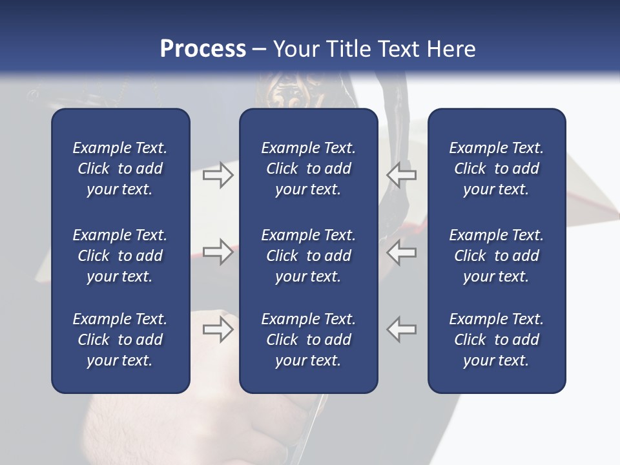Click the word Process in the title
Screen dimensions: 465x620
[203, 48]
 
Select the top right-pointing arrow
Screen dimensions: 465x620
[218, 174]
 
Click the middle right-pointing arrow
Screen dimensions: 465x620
[218, 252]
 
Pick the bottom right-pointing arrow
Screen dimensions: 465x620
[218, 329]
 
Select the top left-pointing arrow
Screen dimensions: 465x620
[401, 174]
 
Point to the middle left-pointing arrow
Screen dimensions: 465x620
[401, 252]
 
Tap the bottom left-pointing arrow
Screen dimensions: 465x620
[401, 329]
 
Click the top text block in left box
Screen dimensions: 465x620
[120, 169]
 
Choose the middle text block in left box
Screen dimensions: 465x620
[120, 256]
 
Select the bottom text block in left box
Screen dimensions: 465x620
[120, 340]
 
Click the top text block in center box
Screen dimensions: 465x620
[308, 169]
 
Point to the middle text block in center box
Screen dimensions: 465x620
[308, 256]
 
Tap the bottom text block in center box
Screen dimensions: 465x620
[308, 340]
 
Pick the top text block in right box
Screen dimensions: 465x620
[496, 169]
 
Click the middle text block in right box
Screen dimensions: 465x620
[496, 256]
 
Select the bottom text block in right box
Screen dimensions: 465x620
[496, 340]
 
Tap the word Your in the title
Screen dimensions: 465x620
[294, 48]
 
